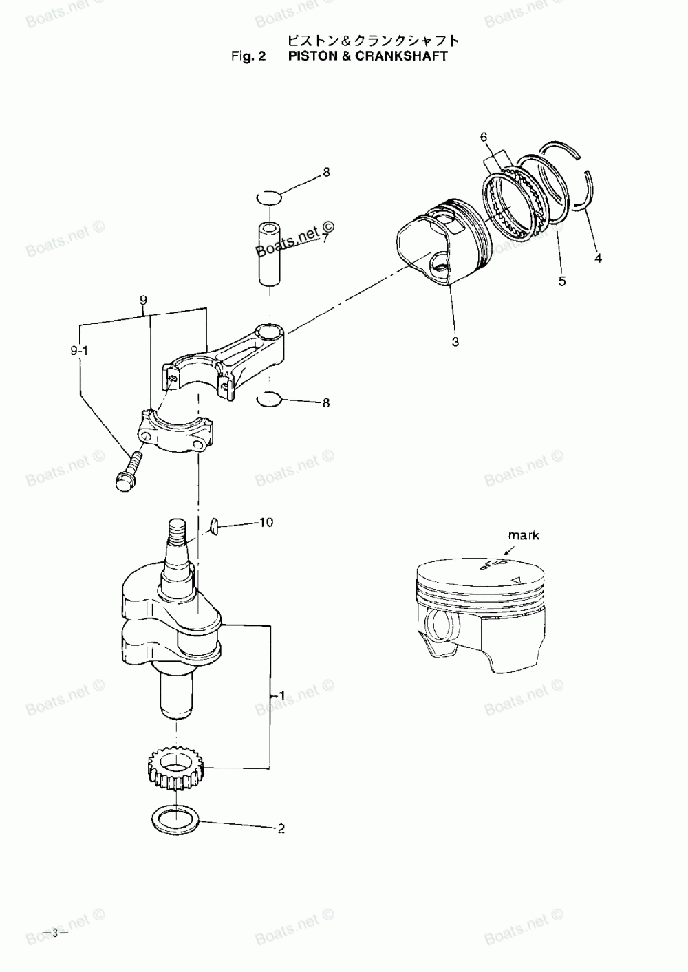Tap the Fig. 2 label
coord(248,56)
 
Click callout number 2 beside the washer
coord(281,829)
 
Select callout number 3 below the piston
coord(455,341)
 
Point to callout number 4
coord(598,259)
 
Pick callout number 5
coord(562,281)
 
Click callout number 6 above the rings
coord(484,138)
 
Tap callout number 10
coord(266,523)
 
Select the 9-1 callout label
coord(79,350)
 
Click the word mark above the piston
coord(524,535)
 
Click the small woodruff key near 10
coord(214,527)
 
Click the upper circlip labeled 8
coord(268,198)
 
